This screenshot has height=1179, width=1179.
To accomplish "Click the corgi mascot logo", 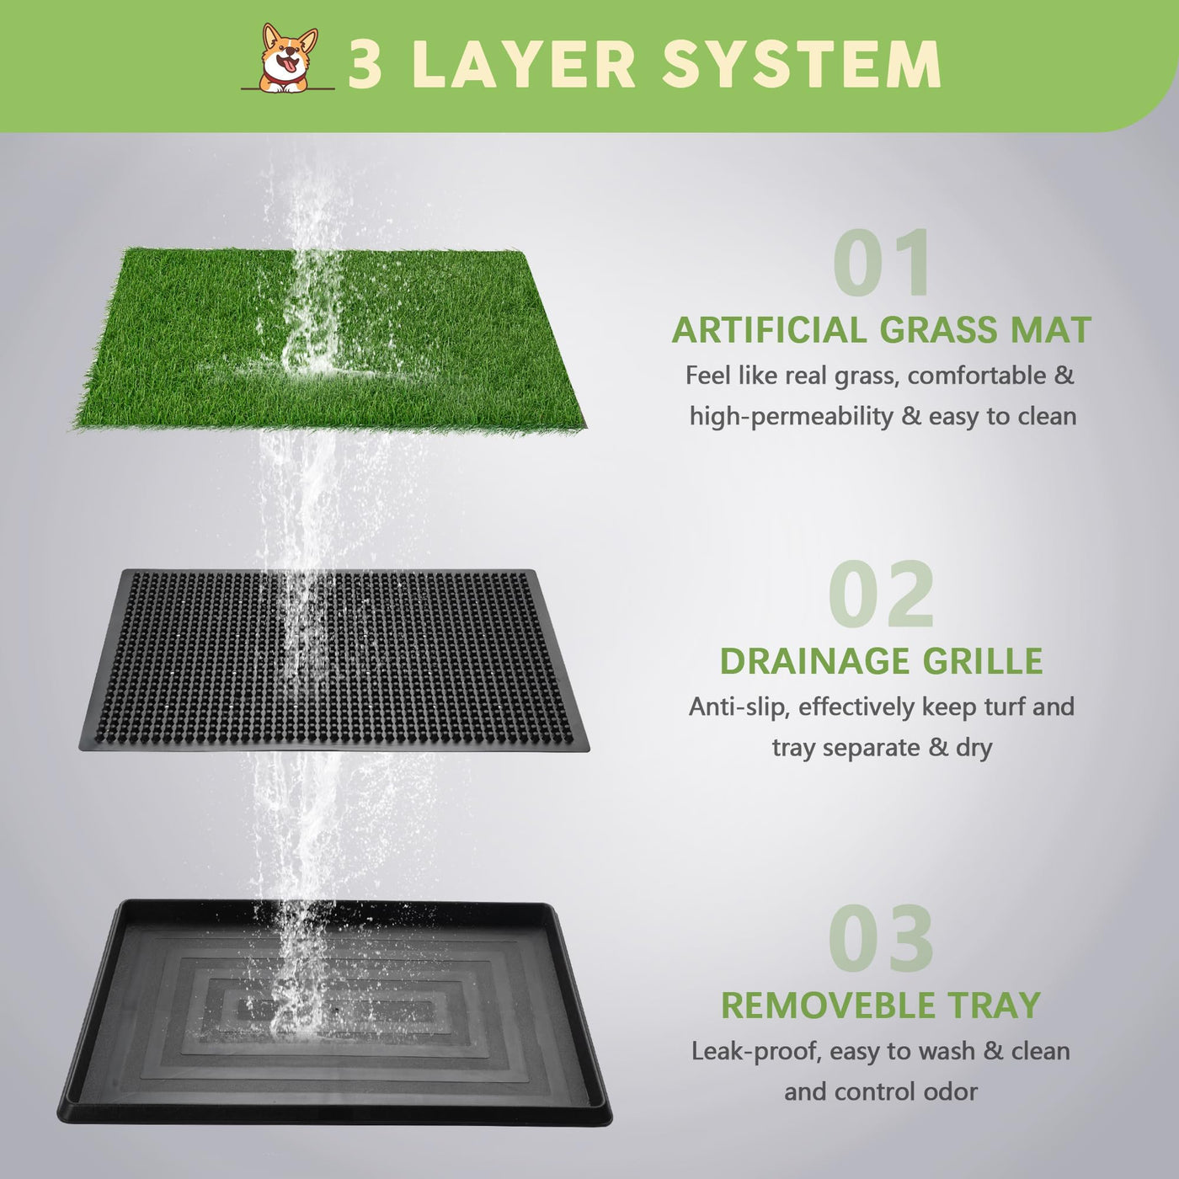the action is pos(287,58).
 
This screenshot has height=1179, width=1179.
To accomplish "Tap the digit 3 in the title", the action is pos(365,64).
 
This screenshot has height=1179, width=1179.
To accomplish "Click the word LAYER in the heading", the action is pos(525,64).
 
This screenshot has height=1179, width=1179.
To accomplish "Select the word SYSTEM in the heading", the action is pos(802,64).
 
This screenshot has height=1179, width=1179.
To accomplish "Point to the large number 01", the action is pos(882,262).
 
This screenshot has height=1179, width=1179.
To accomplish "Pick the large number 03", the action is pos(882,938).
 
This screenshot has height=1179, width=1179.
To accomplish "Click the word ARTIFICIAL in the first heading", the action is pos(770,330).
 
